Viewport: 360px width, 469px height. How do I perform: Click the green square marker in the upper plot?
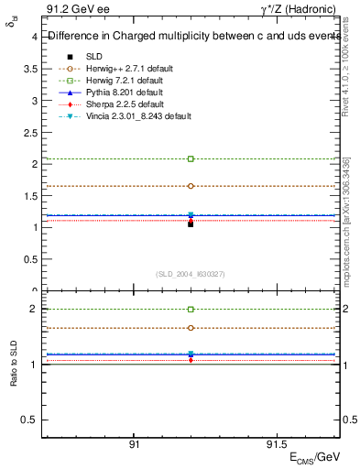point(191,159)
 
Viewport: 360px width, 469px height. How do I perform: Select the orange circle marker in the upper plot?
point(191,186)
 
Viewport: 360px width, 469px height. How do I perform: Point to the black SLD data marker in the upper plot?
point(191,224)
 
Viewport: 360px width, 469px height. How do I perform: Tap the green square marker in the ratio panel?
point(191,310)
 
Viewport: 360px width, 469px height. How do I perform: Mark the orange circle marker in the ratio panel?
point(191,328)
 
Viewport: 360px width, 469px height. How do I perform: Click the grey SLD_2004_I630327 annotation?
point(191,273)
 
